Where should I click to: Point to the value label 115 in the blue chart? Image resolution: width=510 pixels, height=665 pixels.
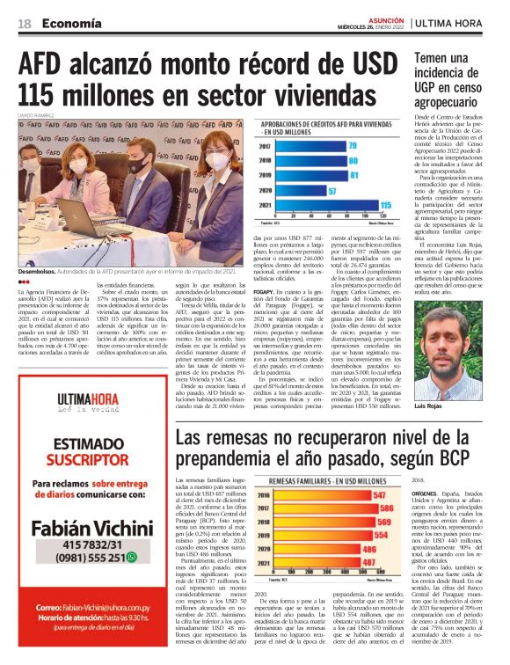[x=384, y=204]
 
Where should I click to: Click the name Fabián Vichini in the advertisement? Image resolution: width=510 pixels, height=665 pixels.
[x=85, y=530]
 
